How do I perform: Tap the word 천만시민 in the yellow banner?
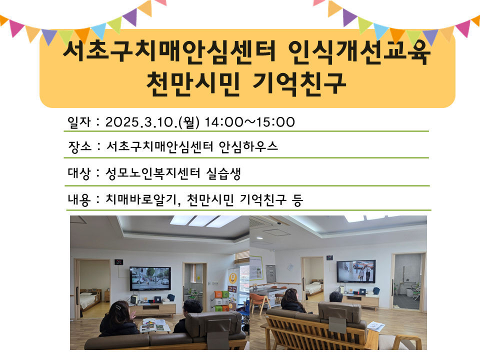click(x=193, y=83)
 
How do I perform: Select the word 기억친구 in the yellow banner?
click(x=299, y=83)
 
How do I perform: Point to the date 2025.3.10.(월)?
click(x=152, y=122)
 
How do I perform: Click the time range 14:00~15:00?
click(x=249, y=122)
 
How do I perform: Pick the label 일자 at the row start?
click(x=79, y=122)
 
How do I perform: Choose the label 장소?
click(x=80, y=146)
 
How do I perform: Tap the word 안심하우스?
click(x=248, y=146)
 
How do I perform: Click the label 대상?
click(x=79, y=173)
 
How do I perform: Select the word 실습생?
click(x=223, y=173)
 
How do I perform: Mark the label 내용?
click(x=79, y=199)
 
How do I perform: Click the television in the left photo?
click(x=150, y=278)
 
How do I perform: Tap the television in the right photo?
click(x=356, y=271)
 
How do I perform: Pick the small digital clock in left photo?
click(x=118, y=262)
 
